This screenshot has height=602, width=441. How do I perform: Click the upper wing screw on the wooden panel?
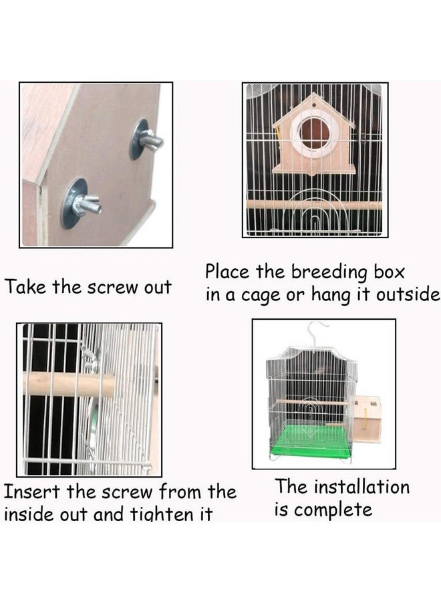point(148,139)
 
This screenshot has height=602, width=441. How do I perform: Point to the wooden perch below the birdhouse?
point(314,205)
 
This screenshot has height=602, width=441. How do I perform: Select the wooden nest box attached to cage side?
point(366,418)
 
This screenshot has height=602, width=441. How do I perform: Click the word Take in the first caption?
point(27,288)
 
